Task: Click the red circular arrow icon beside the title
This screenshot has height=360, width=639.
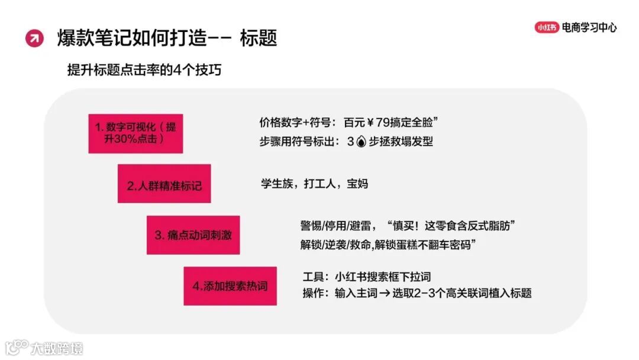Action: pyautogui.click(x=34, y=38)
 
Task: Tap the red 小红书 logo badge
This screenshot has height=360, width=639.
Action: pyautogui.click(x=547, y=27)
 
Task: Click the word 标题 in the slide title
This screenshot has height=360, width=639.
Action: pyautogui.click(x=259, y=38)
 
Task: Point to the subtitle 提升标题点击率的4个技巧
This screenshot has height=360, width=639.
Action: pyautogui.click(x=145, y=69)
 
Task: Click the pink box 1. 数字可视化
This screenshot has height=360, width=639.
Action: pyautogui.click(x=135, y=133)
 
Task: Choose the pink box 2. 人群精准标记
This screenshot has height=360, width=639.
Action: pyautogui.click(x=164, y=185)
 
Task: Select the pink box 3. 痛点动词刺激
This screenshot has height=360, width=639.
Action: pyautogui.click(x=193, y=235)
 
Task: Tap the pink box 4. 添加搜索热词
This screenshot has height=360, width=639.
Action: pyautogui.click(x=230, y=286)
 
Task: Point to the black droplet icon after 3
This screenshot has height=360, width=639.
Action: pyautogui.click(x=362, y=142)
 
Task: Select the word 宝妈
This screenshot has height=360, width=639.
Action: pyautogui.click(x=357, y=184)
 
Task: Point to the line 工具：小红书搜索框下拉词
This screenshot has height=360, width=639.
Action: pyautogui.click(x=366, y=277)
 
